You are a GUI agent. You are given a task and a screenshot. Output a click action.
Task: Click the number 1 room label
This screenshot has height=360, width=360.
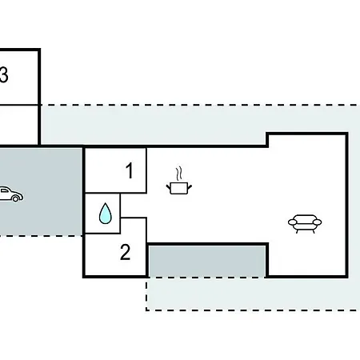click(x=130, y=170)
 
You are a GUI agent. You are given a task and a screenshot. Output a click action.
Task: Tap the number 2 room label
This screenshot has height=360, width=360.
click(x=126, y=252)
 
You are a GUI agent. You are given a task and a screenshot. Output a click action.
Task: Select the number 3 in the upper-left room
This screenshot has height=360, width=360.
click(x=3, y=74)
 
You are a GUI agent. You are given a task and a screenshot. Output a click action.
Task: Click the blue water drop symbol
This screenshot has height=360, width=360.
click(x=106, y=214)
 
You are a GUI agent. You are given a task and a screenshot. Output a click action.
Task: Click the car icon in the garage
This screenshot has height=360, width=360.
click(x=11, y=194)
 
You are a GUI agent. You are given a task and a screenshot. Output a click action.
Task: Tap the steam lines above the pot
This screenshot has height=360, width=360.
click(x=179, y=174)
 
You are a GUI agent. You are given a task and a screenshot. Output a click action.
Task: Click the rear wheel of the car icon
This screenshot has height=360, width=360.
click(x=16, y=198)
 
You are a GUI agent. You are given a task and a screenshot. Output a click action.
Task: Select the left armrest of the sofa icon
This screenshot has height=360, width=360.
click(x=293, y=222)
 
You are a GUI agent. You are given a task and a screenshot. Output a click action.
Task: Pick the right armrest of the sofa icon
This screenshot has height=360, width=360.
click(x=318, y=222)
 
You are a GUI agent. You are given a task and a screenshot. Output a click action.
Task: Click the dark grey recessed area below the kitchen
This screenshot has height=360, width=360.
click(x=207, y=261)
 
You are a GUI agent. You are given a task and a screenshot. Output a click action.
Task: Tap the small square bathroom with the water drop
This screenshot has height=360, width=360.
click(x=102, y=214)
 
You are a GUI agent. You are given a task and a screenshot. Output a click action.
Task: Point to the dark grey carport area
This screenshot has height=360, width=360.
click(x=41, y=191)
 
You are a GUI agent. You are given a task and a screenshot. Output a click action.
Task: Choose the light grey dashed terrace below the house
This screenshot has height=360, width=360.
click(x=254, y=294)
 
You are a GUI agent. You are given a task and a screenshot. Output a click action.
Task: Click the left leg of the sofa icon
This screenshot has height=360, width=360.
click(x=298, y=231)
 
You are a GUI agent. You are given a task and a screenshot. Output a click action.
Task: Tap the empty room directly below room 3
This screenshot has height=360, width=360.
click(x=18, y=125)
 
